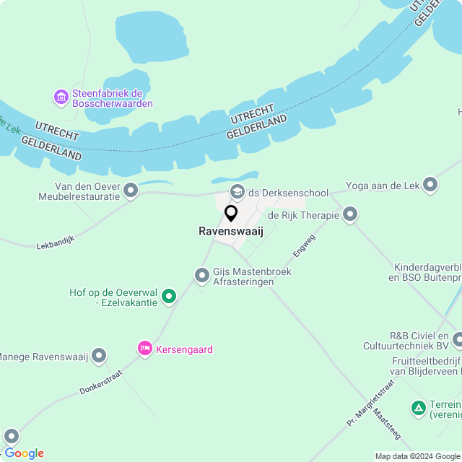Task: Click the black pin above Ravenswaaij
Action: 231,214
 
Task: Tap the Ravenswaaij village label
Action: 231,232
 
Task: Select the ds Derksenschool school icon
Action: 237,192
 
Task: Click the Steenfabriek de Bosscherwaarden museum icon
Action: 61,97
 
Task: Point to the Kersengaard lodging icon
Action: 145,349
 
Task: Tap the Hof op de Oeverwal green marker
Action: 169,296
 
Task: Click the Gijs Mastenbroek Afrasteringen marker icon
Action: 202,276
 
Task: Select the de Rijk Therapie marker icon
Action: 350,214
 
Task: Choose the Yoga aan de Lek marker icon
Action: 431,186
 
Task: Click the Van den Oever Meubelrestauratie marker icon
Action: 131,191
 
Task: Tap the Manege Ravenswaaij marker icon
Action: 99,356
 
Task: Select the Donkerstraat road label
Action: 101,383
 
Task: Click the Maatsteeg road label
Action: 386,427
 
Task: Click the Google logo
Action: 24,453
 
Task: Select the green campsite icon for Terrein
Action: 418,409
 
